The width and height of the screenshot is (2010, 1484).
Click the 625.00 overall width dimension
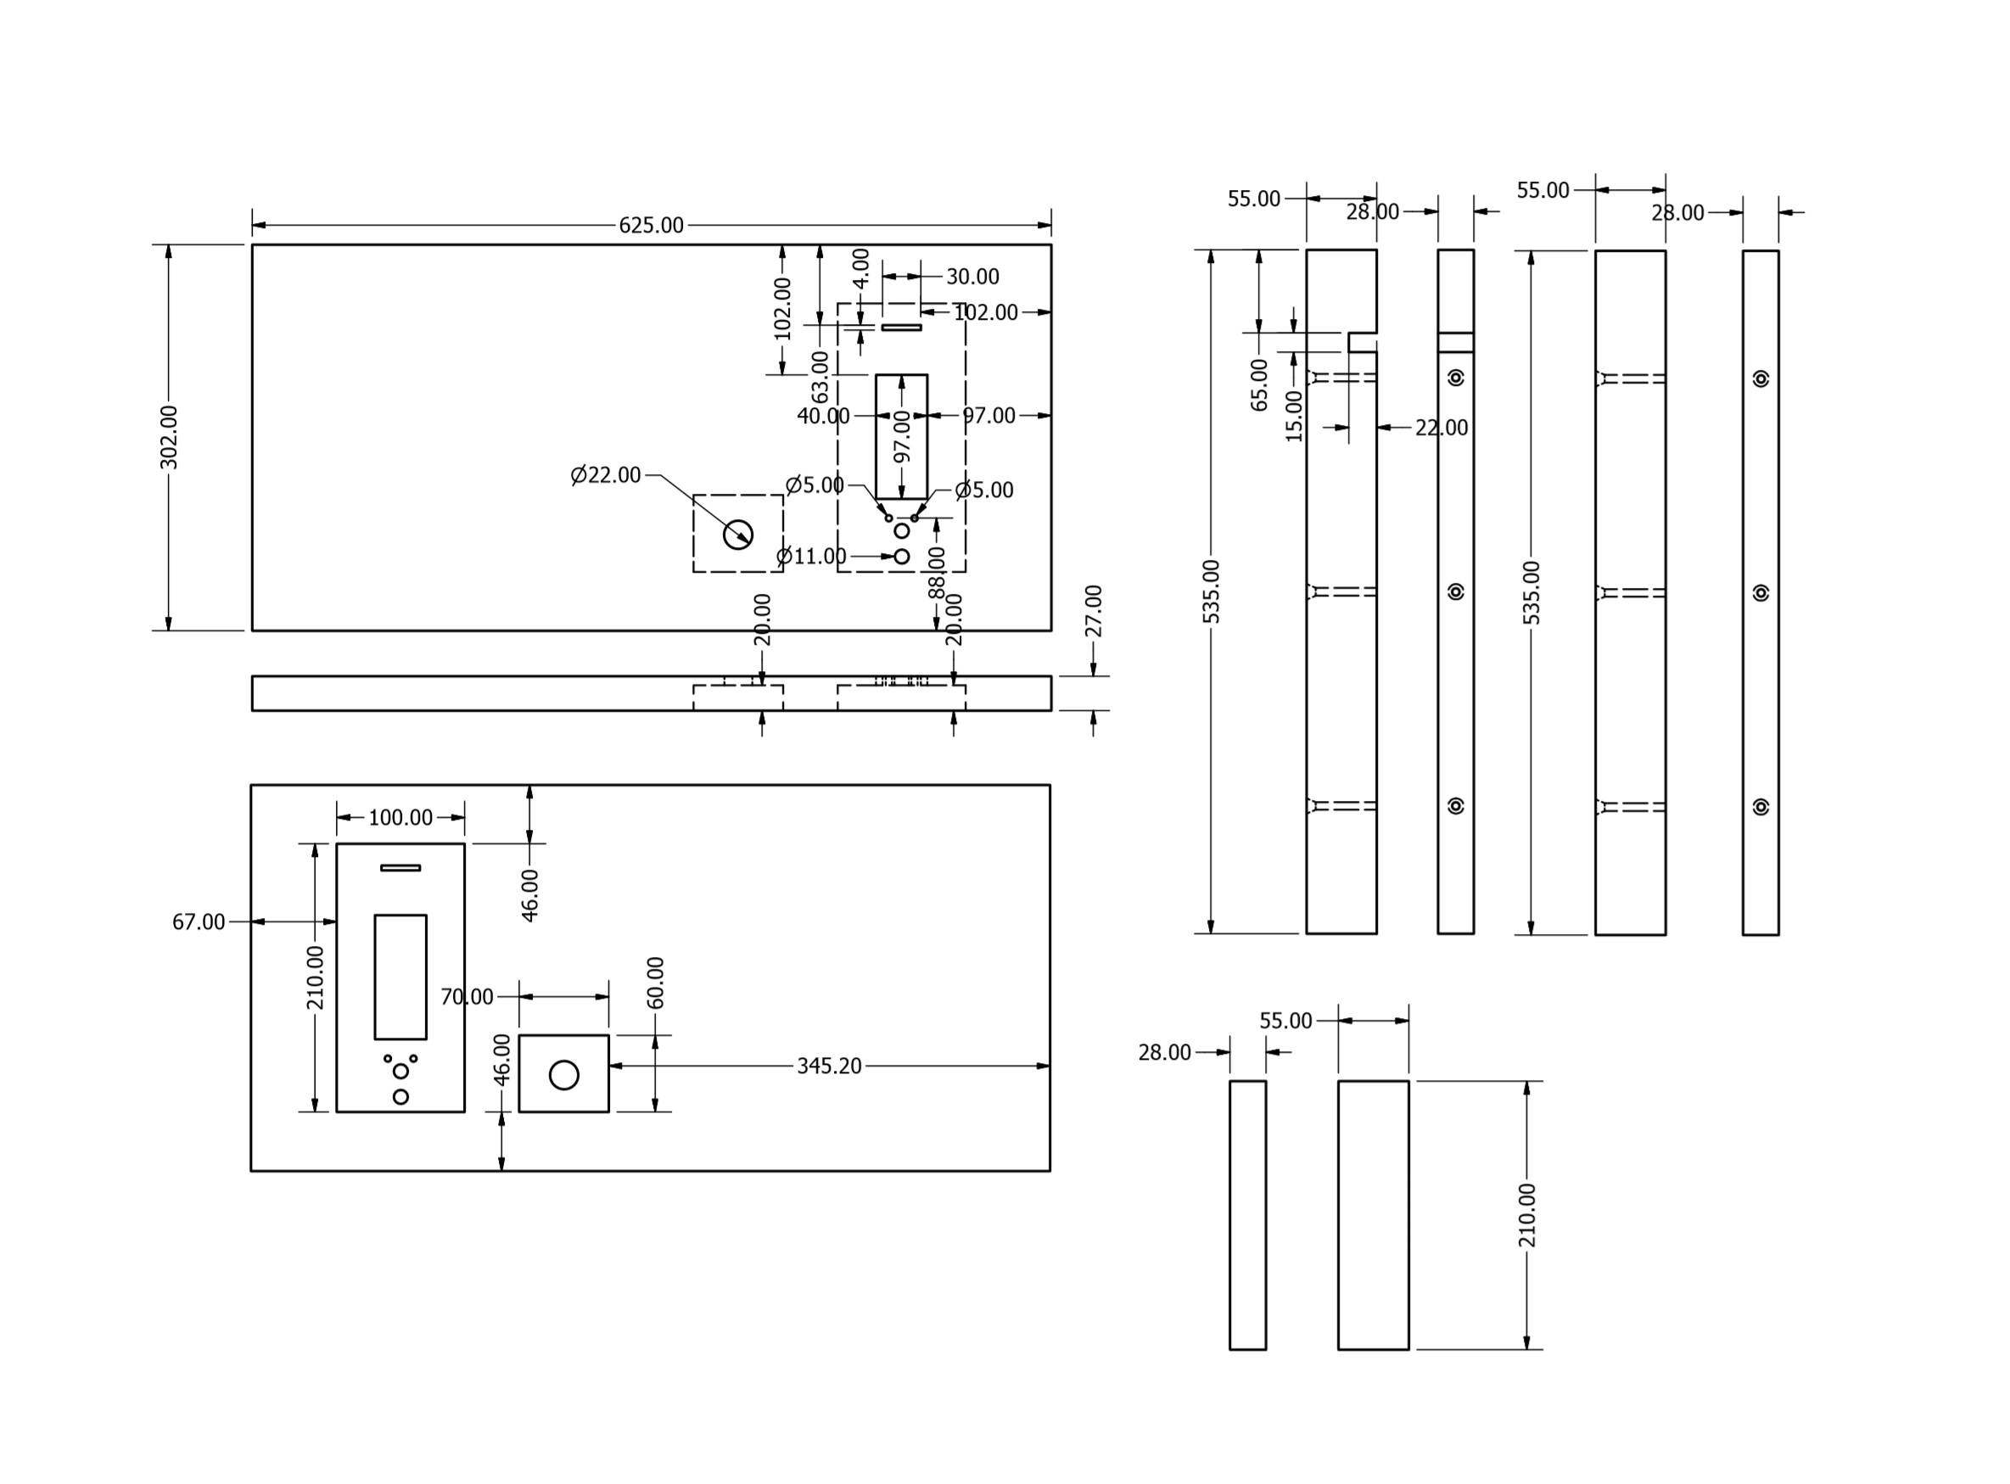(x=650, y=226)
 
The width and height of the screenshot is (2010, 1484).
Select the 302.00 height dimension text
(x=168, y=438)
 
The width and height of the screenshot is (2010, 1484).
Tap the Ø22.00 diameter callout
(x=607, y=475)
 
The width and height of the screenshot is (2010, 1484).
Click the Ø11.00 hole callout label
(x=811, y=556)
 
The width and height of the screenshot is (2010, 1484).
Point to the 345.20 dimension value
(x=828, y=1067)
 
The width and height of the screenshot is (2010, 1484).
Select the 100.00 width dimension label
(x=400, y=817)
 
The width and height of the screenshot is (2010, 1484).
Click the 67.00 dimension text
(x=199, y=921)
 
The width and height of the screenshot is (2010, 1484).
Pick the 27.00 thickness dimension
(x=1093, y=611)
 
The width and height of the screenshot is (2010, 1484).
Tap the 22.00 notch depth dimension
(x=1441, y=428)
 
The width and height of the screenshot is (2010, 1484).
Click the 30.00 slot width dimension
(x=971, y=277)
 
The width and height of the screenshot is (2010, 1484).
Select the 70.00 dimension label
(x=467, y=997)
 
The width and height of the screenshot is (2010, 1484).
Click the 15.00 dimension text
(x=1293, y=416)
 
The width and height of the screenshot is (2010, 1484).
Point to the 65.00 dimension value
(x=1259, y=385)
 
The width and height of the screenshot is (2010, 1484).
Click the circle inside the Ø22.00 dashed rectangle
(x=737, y=535)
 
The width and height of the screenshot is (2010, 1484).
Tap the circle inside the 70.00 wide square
(x=563, y=1074)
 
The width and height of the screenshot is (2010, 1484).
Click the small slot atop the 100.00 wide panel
(x=400, y=868)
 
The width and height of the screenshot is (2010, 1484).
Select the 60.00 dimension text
(x=656, y=983)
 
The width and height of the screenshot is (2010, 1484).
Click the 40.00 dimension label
(x=822, y=416)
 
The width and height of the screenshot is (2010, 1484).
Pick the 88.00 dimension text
(x=937, y=573)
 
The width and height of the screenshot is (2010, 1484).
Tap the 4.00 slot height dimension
(x=860, y=267)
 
